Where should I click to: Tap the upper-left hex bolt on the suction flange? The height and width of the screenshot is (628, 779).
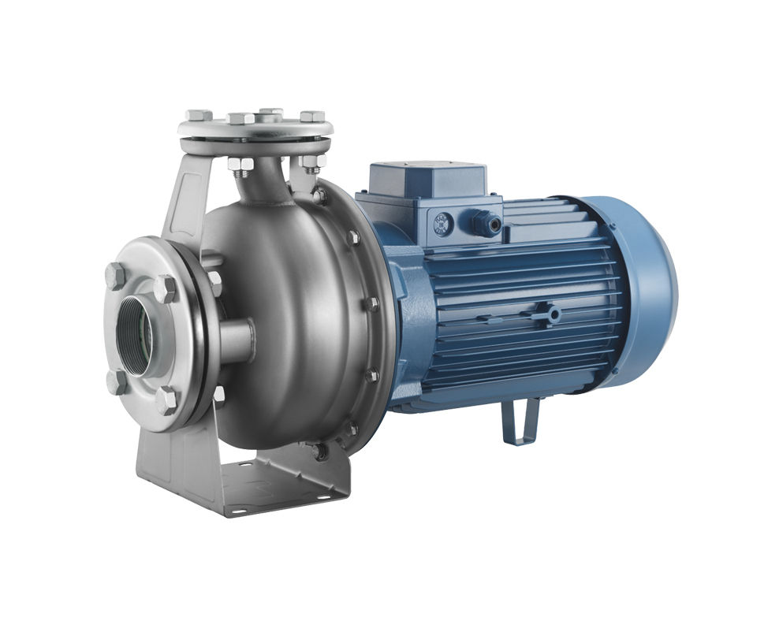(115, 276)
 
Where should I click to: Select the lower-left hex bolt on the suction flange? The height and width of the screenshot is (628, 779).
(116, 382)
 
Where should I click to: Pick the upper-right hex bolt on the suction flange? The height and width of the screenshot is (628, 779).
(166, 288)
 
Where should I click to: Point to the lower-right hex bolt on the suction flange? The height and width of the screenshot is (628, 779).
(166, 401)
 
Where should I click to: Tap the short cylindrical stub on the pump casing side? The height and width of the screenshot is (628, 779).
(237, 340)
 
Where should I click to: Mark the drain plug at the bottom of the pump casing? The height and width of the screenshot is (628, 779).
(319, 451)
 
